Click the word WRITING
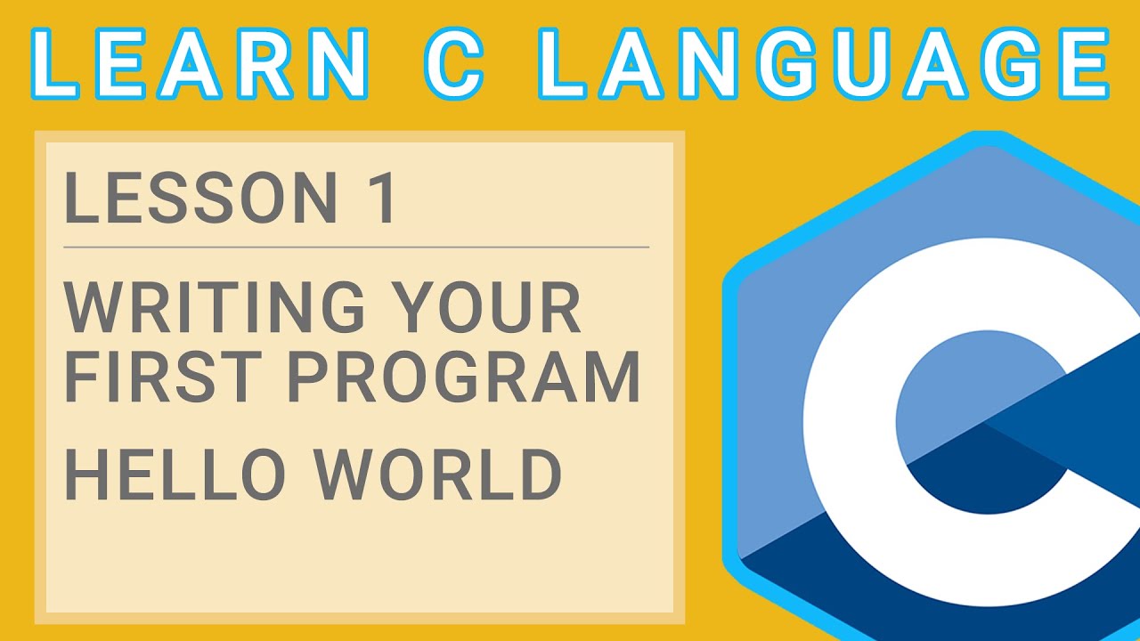coord(214,307)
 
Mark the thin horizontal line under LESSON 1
coord(356,247)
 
